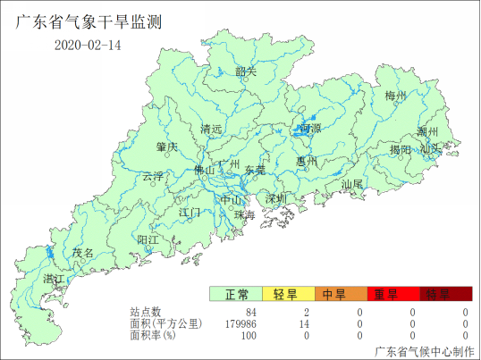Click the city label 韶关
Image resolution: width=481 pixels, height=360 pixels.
tap(245, 71)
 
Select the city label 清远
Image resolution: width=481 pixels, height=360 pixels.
tap(211, 129)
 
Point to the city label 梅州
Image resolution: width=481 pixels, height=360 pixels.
tap(394, 95)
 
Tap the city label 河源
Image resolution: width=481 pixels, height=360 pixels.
tap(310, 129)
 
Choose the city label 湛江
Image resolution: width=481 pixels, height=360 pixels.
tap(55, 280)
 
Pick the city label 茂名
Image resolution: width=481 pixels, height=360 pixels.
tap(83, 253)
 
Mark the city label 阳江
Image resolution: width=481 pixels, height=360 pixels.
tap(148, 239)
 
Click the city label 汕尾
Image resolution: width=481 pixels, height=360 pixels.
tap(352, 184)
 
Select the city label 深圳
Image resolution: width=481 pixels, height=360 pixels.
tap(275, 197)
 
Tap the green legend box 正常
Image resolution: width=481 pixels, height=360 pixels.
tap(236, 294)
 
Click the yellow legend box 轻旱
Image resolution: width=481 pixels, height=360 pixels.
tap(288, 294)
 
